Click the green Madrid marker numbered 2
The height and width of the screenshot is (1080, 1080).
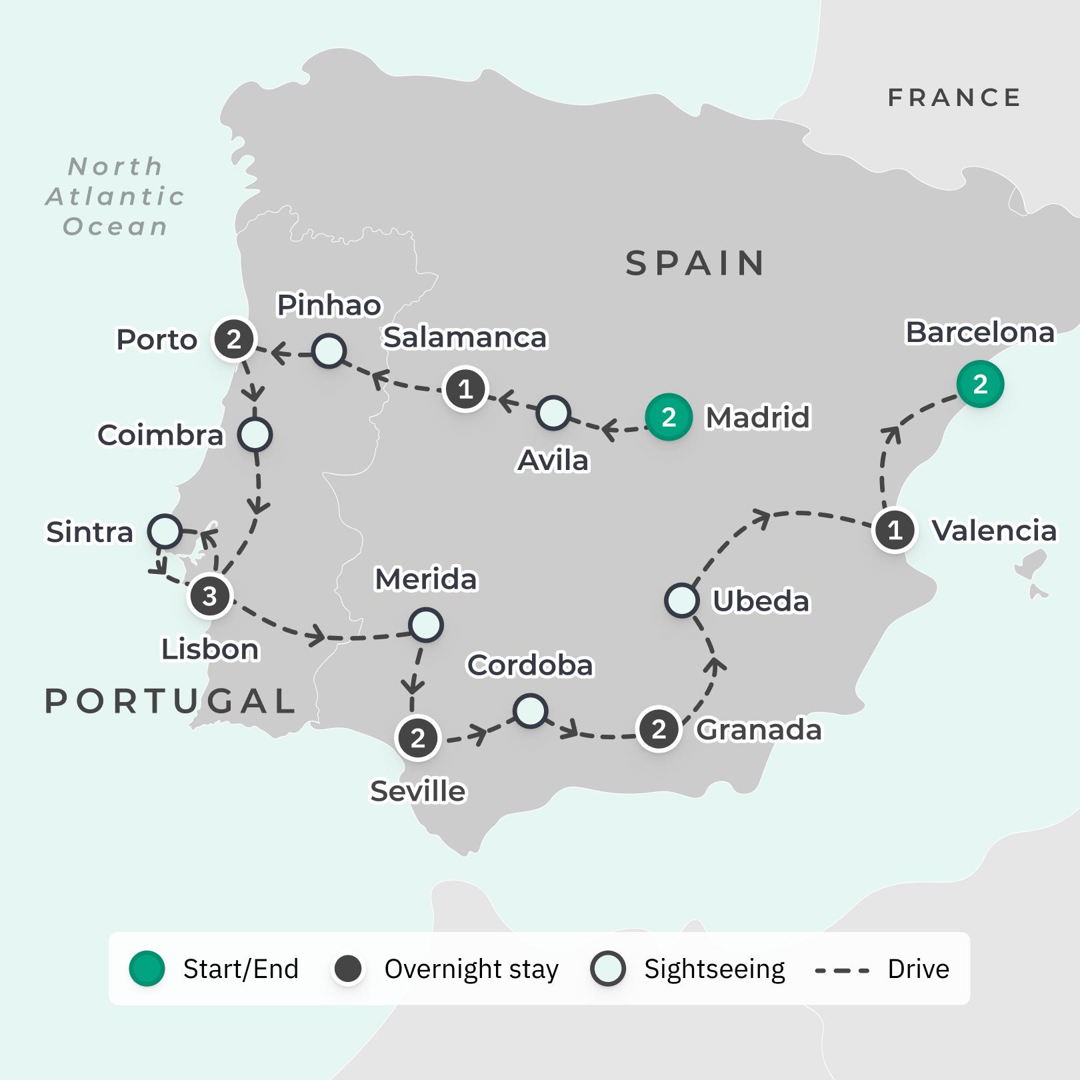click(668, 417)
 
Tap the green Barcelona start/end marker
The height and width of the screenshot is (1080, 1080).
click(979, 384)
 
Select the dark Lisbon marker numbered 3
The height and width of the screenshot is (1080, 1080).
click(210, 596)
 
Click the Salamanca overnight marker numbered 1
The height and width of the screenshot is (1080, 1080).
click(465, 389)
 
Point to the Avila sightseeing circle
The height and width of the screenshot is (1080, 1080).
click(553, 413)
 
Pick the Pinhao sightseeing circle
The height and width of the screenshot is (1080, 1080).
click(329, 351)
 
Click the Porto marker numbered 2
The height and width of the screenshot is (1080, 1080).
click(233, 339)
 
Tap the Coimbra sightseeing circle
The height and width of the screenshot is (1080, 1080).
click(255, 435)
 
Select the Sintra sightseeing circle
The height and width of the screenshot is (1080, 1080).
click(165, 531)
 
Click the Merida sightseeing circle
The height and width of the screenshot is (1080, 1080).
click(425, 625)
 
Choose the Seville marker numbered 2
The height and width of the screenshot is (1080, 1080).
click(417, 738)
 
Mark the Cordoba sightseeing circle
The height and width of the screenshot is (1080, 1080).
click(531, 711)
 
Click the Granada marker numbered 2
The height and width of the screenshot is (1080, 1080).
click(659, 729)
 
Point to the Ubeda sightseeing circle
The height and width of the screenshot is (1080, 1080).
click(681, 600)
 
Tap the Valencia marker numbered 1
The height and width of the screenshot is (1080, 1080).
click(895, 531)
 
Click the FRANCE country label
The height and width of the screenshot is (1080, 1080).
click(954, 98)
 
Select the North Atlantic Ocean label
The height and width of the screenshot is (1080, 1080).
click(115, 197)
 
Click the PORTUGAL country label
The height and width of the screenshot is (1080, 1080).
click(171, 701)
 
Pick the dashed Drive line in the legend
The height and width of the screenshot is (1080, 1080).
click(842, 971)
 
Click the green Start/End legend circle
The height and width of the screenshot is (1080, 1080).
click(147, 969)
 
